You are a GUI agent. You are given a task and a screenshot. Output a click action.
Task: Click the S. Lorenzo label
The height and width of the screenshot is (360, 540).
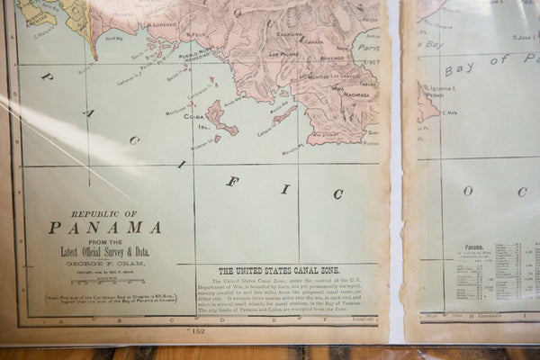(x=162, y=24)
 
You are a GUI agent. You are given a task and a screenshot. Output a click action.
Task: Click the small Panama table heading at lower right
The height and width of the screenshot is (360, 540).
(x=474, y=246)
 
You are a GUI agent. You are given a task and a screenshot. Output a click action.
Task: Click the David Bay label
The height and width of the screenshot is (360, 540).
(x=114, y=39)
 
